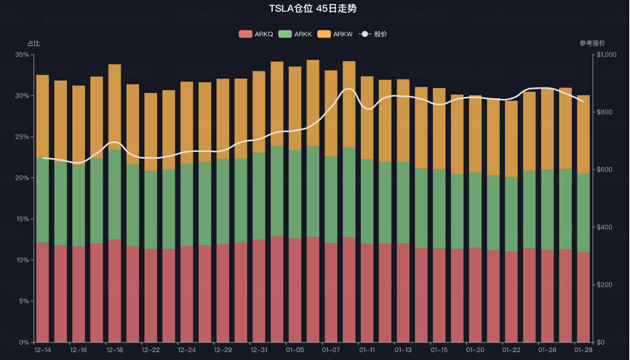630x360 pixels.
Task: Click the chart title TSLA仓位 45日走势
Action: click(315, 8)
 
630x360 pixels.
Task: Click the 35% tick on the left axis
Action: click(21, 55)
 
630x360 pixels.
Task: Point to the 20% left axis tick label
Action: click(21, 178)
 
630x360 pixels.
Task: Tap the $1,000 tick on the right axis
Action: click(607, 55)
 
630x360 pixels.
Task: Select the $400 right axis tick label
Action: click(605, 228)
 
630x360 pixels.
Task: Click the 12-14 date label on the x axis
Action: click(42, 351)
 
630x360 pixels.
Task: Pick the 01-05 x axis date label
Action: click(295, 351)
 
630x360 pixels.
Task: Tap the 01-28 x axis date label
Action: click(583, 351)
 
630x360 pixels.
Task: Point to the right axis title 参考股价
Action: click(592, 44)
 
